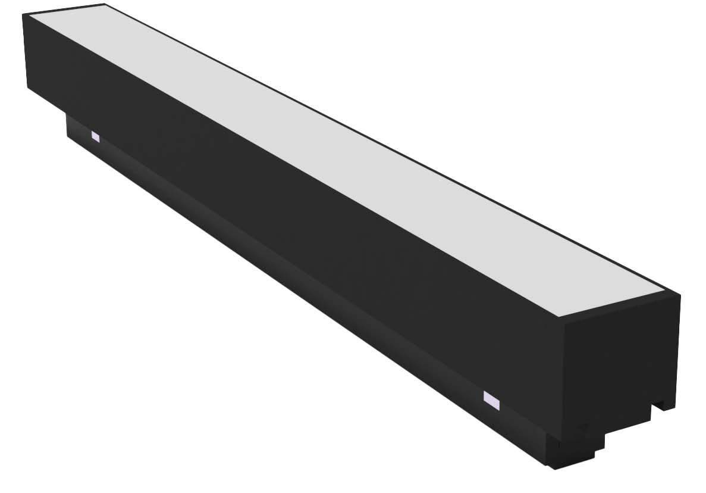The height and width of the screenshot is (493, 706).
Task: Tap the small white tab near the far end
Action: pos(95,136)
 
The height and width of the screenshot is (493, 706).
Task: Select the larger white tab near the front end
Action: pos(492,400)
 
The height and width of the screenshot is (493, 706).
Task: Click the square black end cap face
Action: pos(619,357)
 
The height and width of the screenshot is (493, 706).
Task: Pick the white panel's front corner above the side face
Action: pos(558,315)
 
